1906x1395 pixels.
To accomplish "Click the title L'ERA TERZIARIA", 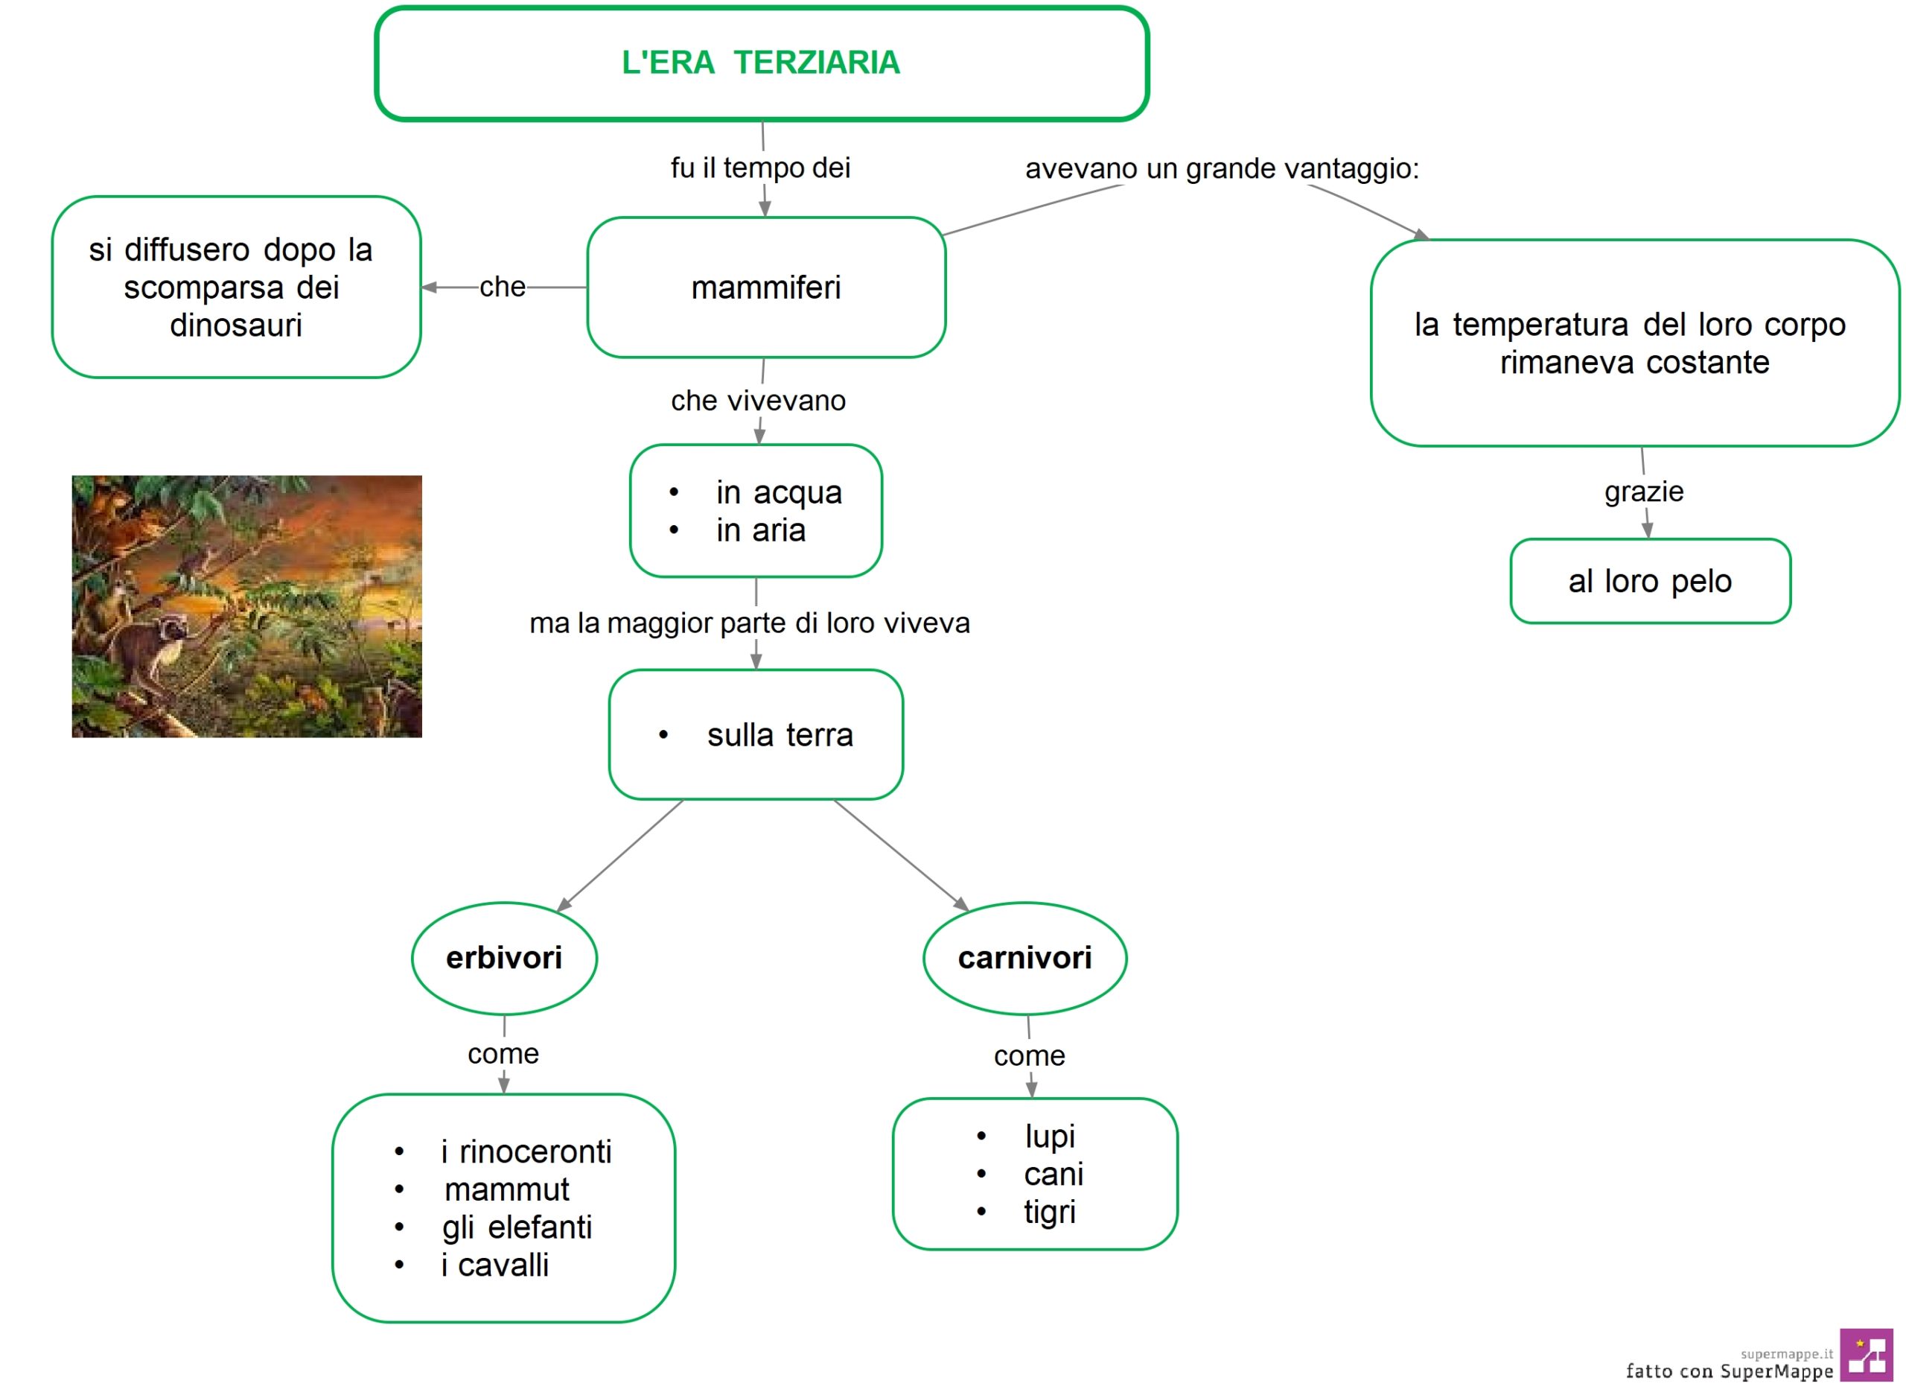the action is (x=761, y=63).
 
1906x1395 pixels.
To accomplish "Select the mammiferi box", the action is (x=765, y=287).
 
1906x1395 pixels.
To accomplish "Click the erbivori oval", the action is (x=504, y=958).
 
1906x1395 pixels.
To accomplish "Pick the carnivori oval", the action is (x=1024, y=958).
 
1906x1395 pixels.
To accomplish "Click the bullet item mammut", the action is (x=506, y=1189).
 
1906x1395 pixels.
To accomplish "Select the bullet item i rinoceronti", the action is (x=526, y=1151).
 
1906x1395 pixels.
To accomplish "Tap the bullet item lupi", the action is (x=1050, y=1137).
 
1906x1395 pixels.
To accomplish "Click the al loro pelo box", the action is (x=1650, y=581).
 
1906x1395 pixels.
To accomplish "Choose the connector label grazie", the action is (x=1643, y=492).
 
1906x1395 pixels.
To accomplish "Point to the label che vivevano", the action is (x=758, y=400).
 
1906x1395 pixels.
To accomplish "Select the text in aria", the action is (x=761, y=530).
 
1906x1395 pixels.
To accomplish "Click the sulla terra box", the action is (x=756, y=734).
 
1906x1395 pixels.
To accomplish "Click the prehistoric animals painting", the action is (x=246, y=606).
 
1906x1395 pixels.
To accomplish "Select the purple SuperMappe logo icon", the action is (x=1867, y=1356).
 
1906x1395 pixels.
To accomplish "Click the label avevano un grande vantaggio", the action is (x=1222, y=169).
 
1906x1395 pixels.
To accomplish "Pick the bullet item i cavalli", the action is (x=494, y=1265).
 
